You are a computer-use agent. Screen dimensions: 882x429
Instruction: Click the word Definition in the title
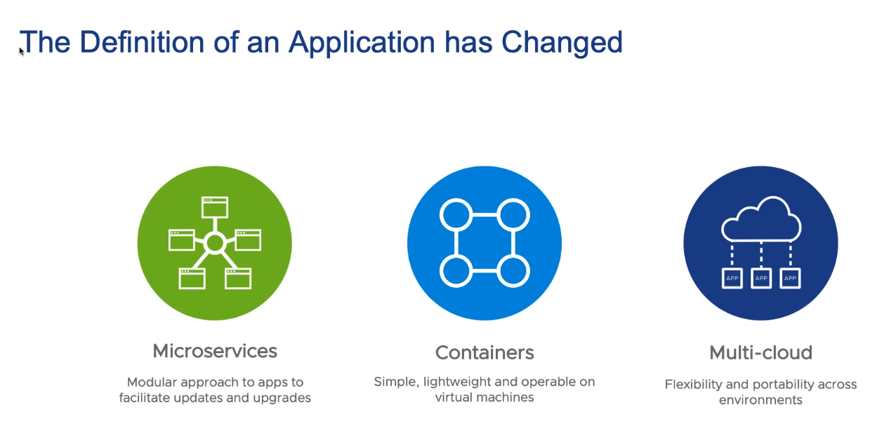(x=142, y=42)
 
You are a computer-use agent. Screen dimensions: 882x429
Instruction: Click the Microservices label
(x=215, y=351)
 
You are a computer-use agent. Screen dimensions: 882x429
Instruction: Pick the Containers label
(x=485, y=352)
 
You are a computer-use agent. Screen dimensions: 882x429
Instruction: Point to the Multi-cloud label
(x=761, y=352)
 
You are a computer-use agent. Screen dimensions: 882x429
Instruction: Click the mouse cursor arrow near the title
(x=21, y=51)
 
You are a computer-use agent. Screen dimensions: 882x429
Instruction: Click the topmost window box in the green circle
(x=215, y=207)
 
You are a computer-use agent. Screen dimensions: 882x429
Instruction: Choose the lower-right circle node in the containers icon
(x=513, y=271)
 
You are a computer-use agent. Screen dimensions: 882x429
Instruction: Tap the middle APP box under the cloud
(x=761, y=278)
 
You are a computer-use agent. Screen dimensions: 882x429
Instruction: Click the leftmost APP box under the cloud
(x=732, y=278)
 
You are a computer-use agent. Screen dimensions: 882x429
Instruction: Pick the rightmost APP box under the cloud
(x=790, y=278)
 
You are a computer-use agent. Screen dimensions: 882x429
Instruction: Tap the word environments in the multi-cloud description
(x=761, y=400)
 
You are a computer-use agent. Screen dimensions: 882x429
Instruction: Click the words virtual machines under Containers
(x=485, y=397)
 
